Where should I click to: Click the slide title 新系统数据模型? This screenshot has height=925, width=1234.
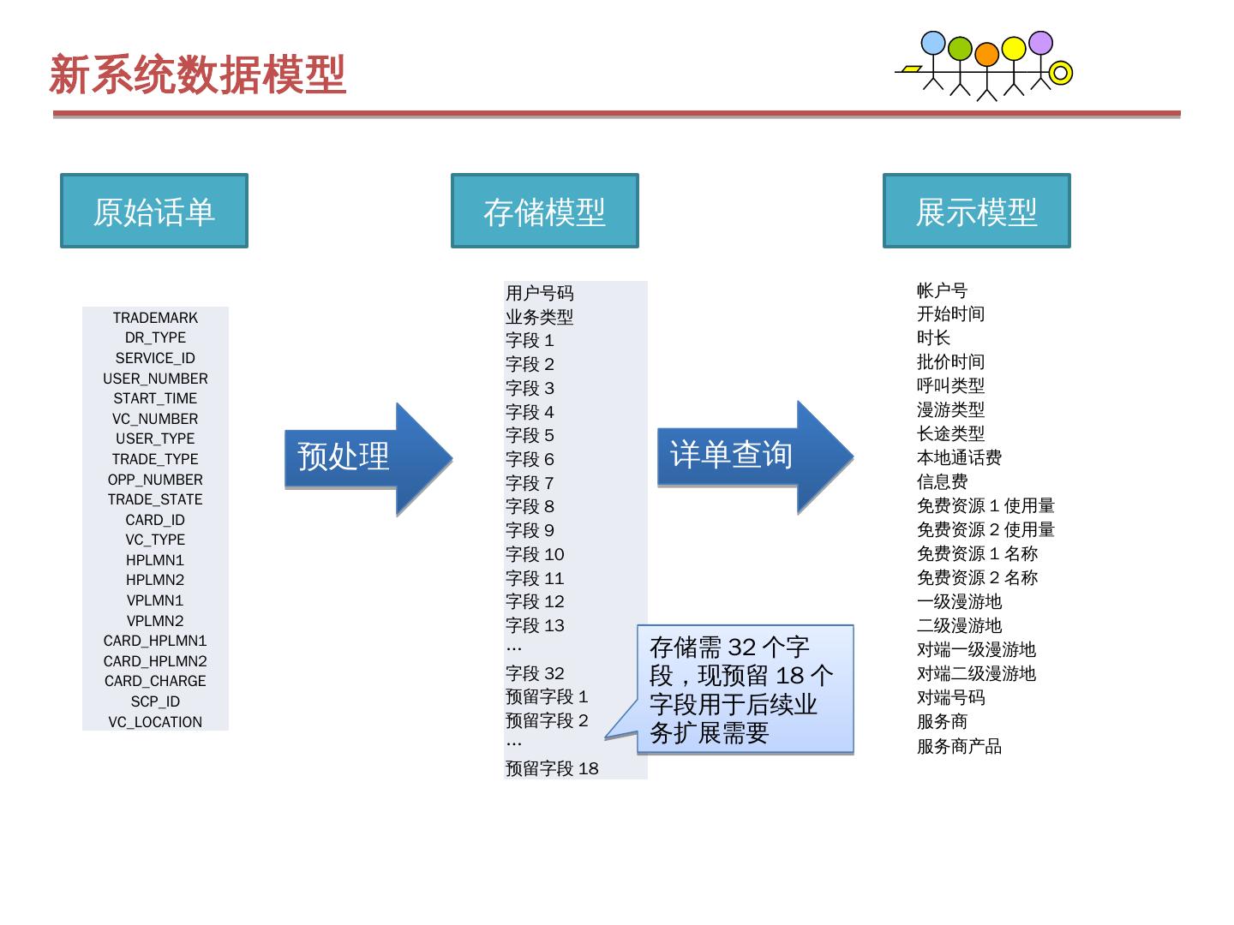(x=198, y=75)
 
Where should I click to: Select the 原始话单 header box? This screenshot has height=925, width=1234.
(x=154, y=212)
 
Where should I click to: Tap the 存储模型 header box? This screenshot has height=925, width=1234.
(x=545, y=212)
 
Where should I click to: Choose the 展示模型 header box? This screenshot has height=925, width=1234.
(x=977, y=212)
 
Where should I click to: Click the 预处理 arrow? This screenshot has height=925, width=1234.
(x=360, y=457)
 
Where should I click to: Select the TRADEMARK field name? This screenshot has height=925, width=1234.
(x=155, y=318)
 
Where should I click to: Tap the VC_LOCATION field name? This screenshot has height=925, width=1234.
(x=155, y=722)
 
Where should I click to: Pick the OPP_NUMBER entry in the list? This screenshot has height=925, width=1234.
(x=155, y=480)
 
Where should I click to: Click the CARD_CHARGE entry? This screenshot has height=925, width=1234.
(x=155, y=681)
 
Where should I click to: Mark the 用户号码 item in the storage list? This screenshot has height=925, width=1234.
(x=539, y=293)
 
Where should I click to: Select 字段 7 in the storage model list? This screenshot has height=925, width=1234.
(x=530, y=483)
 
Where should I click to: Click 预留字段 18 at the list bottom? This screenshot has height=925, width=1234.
(x=552, y=768)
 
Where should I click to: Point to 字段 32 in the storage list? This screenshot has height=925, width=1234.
(x=535, y=673)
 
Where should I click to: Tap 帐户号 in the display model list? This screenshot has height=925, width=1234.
(x=942, y=290)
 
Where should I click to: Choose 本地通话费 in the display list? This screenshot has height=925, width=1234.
(x=959, y=457)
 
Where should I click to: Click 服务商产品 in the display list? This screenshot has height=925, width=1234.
(x=959, y=746)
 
